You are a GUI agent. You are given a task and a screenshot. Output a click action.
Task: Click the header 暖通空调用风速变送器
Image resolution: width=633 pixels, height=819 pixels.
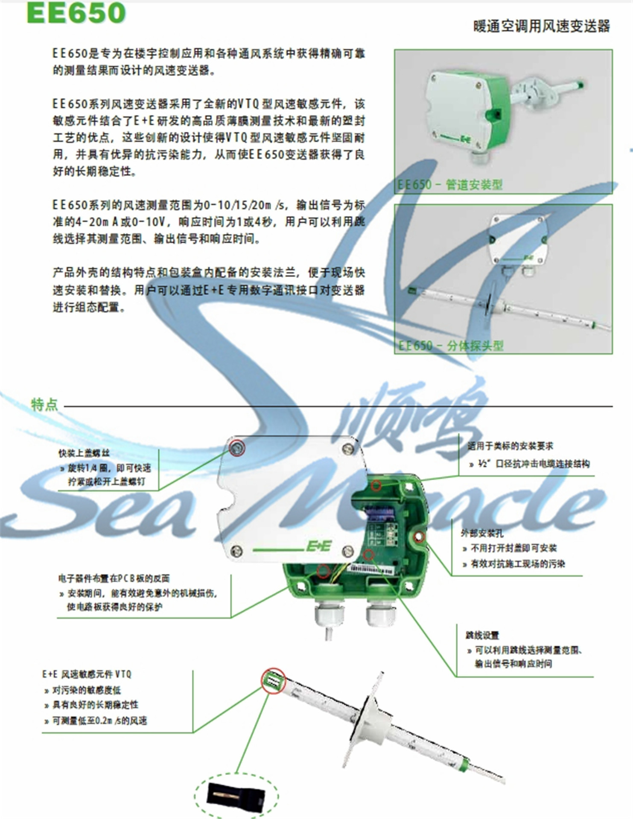(541, 26)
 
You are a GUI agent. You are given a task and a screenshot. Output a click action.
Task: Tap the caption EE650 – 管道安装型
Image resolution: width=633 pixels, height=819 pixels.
(450, 185)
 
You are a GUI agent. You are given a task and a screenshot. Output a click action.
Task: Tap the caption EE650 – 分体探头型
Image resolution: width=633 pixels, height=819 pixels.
(451, 345)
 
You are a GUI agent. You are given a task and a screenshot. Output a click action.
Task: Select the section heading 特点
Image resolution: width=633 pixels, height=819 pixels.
(44, 404)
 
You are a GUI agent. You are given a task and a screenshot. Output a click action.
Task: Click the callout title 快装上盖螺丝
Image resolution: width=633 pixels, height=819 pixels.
(84, 453)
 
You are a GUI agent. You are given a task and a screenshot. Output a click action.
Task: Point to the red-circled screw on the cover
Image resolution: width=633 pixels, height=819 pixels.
(236, 448)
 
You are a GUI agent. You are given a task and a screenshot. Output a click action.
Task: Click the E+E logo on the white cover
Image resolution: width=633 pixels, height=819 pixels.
(319, 546)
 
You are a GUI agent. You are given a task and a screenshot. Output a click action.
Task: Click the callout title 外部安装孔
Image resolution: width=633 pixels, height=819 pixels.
(482, 533)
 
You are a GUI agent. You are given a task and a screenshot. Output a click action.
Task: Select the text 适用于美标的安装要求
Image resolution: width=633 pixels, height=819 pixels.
(510, 446)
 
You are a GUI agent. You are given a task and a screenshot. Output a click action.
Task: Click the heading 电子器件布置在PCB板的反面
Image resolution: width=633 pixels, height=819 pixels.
(114, 578)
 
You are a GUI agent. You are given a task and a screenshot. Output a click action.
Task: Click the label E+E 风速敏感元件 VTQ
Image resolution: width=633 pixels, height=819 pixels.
(87, 674)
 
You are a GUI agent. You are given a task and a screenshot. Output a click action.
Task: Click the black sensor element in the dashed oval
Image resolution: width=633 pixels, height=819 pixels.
(236, 795)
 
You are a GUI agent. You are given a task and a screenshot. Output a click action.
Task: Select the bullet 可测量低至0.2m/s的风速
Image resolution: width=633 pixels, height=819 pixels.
(99, 720)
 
